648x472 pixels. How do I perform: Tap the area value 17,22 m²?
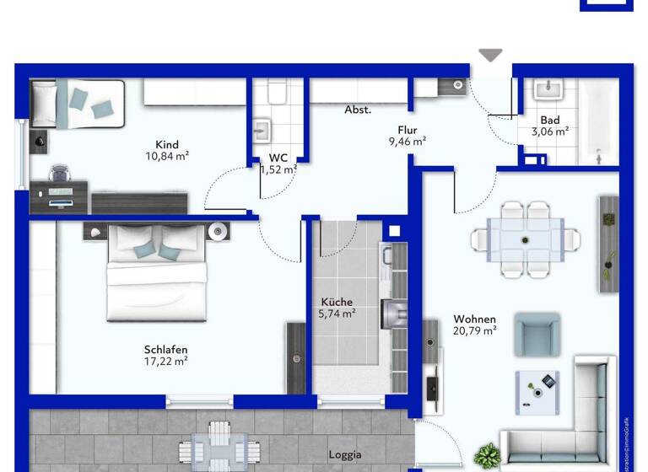click(x=165, y=362)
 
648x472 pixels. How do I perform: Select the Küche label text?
click(x=337, y=302)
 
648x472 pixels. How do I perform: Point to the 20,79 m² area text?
click(x=474, y=331)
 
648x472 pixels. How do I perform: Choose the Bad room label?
click(x=550, y=121)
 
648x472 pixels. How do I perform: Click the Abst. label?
click(x=357, y=110)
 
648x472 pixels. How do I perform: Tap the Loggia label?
click(x=345, y=455)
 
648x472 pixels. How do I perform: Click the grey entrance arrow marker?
click(x=490, y=55)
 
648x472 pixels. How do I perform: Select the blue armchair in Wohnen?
click(x=537, y=333)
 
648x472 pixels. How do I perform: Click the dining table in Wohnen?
click(x=526, y=240)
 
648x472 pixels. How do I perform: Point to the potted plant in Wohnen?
click(x=487, y=457)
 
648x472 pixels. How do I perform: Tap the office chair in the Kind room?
click(x=59, y=174)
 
